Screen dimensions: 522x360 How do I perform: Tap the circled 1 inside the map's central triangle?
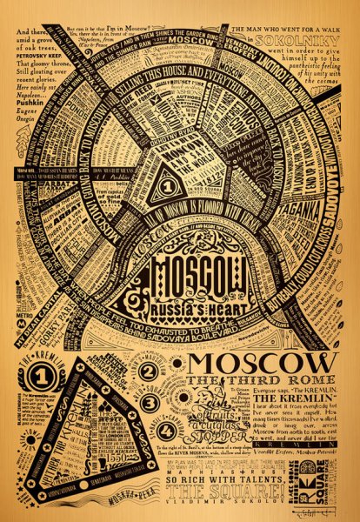click(159, 184)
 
